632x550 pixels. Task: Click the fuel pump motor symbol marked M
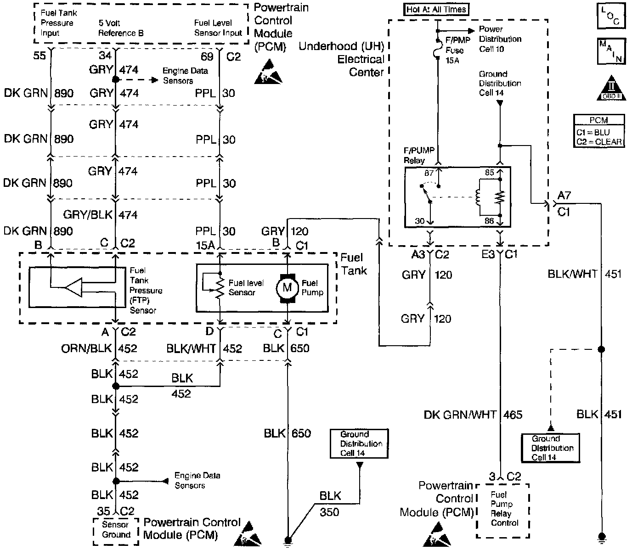point(287,288)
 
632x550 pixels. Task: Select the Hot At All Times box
point(436,9)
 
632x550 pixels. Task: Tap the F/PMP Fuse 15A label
point(455,50)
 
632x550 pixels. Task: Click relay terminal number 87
point(429,173)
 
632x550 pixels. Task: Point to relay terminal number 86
point(489,221)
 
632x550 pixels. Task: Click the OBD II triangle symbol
point(610,88)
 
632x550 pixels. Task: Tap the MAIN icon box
point(610,51)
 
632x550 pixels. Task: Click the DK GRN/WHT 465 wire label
point(473,415)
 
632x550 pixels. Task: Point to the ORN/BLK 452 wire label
point(99,348)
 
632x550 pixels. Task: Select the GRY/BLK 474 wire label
point(101,214)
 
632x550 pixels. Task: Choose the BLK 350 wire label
point(330,504)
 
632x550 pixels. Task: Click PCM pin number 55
point(39,56)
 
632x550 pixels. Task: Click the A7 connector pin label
point(564,195)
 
